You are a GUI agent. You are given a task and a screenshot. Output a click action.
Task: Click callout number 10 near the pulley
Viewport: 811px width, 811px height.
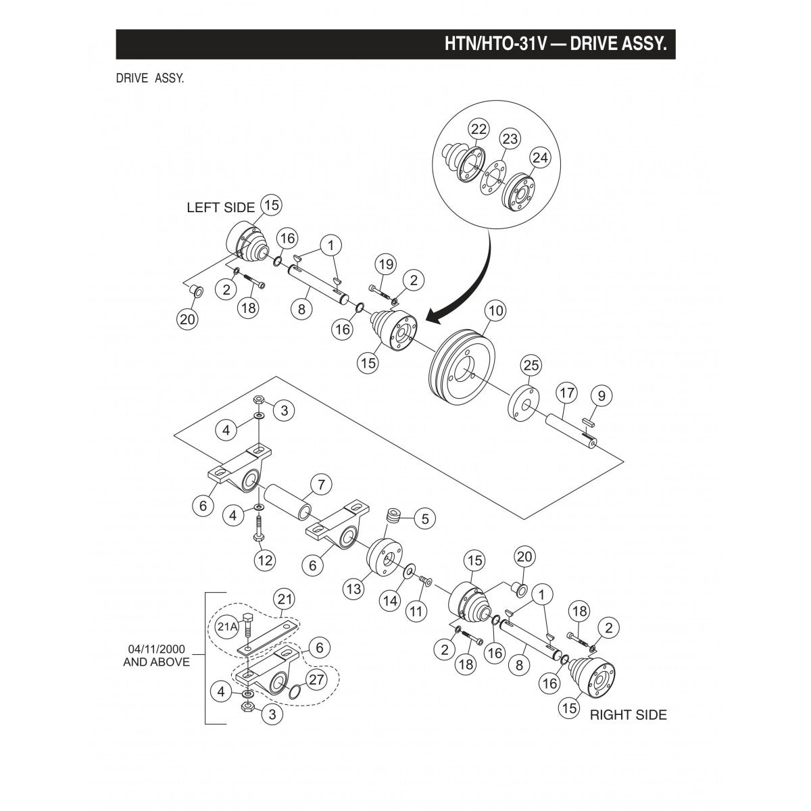(495, 311)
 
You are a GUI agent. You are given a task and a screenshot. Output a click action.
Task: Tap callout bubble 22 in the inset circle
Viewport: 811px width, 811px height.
(478, 129)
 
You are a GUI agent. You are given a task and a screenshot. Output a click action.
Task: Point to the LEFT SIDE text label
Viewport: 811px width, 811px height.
(220, 207)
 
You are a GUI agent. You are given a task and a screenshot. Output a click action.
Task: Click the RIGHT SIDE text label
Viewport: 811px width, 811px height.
(628, 714)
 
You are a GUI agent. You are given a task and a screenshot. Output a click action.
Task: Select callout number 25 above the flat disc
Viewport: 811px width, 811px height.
(531, 366)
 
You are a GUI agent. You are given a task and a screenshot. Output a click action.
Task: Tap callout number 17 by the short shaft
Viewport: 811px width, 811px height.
(566, 392)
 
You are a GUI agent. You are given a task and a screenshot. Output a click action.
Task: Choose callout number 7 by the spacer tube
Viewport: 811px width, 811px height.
(321, 485)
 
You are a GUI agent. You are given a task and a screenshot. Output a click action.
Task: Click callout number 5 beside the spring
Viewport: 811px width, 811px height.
(424, 519)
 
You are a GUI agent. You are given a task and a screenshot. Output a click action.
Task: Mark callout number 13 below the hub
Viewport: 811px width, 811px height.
(354, 589)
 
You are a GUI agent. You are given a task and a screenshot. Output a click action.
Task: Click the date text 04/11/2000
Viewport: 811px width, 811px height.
(156, 649)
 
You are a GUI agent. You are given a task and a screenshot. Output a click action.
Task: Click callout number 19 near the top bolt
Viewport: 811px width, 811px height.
(385, 264)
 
